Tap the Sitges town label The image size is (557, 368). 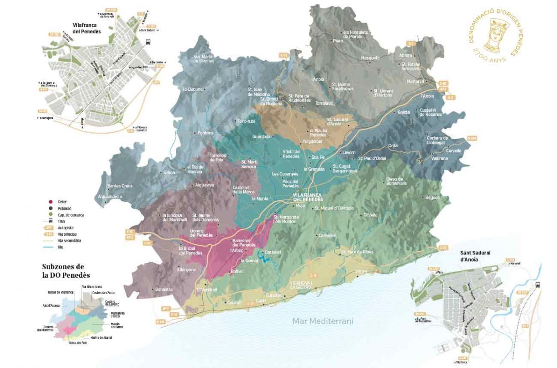click(x=361, y=271)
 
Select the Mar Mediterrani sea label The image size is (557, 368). click(x=323, y=321)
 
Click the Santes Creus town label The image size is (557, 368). click(x=120, y=186)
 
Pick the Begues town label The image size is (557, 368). click(x=431, y=197)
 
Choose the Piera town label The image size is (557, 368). click(x=338, y=41)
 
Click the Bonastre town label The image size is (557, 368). click(x=164, y=290)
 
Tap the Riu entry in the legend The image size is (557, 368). click(x=60, y=247)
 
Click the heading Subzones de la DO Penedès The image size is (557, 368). click(x=66, y=271)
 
